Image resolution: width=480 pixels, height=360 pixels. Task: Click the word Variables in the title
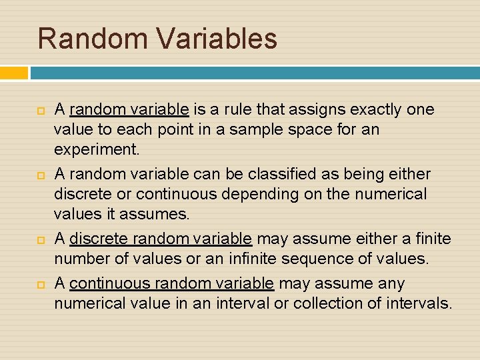217,39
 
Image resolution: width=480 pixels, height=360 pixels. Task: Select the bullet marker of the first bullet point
40,109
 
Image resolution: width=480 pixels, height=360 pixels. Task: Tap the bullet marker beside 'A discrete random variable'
40,239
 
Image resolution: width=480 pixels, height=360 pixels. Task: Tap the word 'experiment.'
97,149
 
